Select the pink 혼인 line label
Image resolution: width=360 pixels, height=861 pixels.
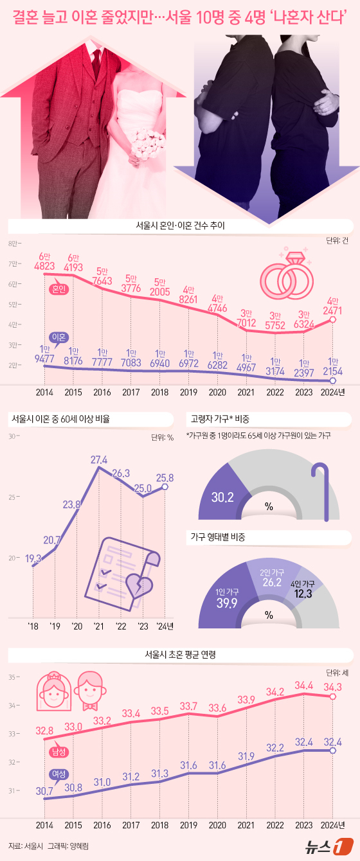click(60, 289)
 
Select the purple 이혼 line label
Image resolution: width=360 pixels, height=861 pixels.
click(60, 336)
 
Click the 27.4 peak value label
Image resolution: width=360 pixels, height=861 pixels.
click(99, 460)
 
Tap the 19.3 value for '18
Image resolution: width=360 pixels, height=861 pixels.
click(33, 558)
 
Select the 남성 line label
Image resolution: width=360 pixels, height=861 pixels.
click(59, 750)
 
